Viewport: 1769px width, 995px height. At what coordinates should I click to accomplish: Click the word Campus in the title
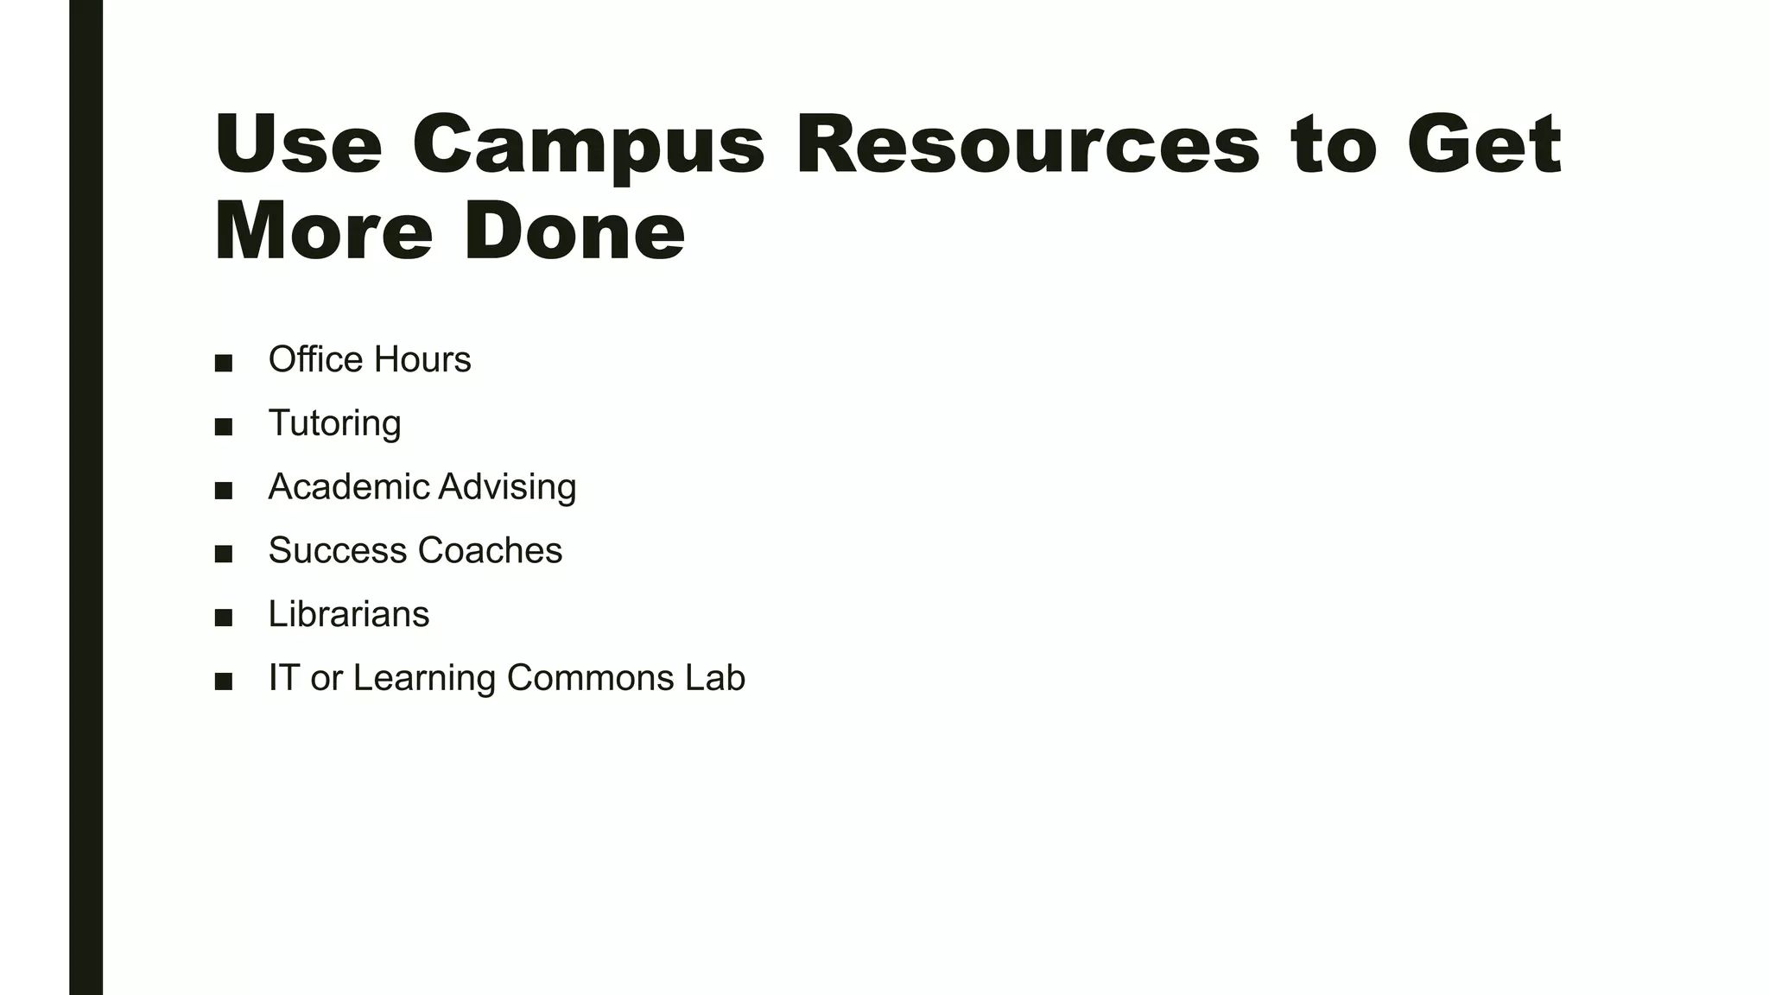click(588, 145)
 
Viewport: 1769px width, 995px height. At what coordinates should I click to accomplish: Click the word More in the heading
click(323, 231)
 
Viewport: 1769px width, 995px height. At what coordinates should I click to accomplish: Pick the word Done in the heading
click(574, 231)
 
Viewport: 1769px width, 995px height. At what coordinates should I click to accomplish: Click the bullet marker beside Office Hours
click(224, 363)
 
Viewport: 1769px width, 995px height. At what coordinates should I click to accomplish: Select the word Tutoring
click(334, 423)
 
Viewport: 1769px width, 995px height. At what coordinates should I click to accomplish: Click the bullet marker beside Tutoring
click(224, 427)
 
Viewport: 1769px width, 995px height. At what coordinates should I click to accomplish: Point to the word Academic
click(348, 486)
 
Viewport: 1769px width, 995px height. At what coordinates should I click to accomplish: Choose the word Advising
click(507, 487)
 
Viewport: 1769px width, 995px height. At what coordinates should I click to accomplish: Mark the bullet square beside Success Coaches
click(224, 554)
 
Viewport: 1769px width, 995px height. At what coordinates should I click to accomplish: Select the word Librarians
click(348, 614)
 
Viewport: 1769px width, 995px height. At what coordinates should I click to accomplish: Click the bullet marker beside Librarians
click(224, 618)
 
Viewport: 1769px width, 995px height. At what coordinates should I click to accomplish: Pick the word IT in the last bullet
click(284, 678)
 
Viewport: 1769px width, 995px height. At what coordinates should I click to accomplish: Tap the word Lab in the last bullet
click(715, 678)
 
